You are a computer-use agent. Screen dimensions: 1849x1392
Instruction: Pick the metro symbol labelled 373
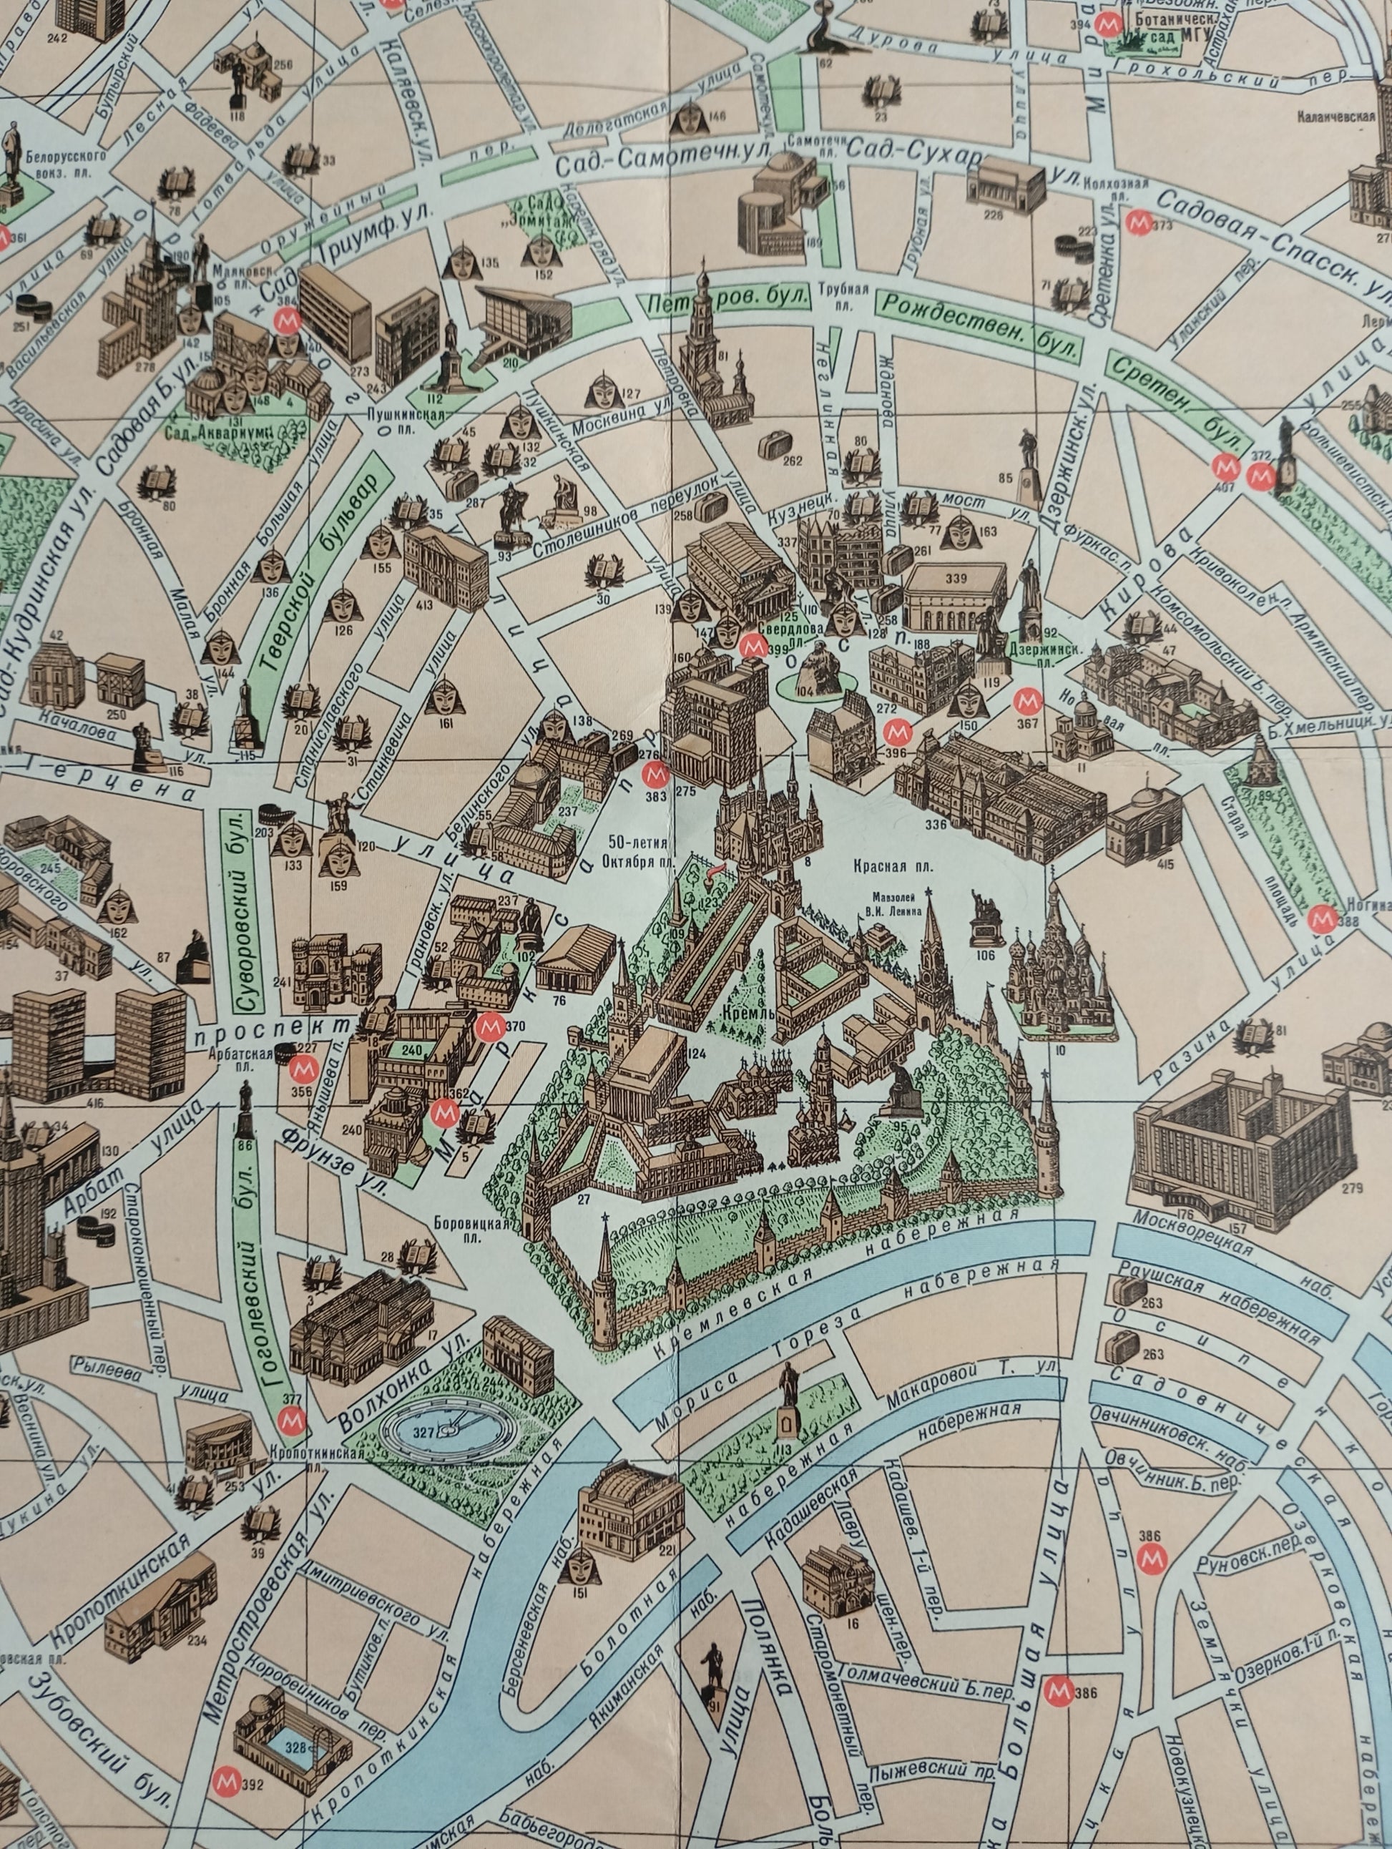coord(1138,222)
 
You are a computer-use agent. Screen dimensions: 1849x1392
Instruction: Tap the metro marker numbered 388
coord(1322,918)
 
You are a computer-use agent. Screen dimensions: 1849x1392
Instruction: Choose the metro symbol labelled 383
coord(655,774)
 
